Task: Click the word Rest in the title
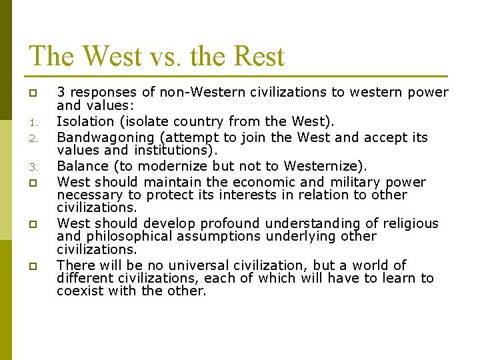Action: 257,56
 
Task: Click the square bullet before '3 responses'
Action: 32,93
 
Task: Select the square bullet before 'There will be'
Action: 32,266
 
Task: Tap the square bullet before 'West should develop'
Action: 32,224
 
